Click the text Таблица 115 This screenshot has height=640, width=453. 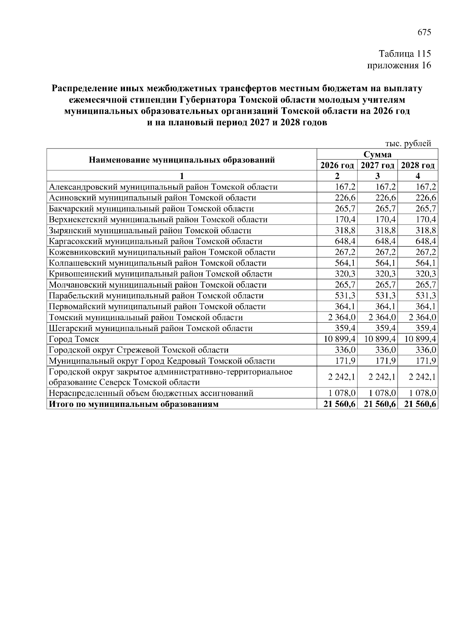click(x=404, y=54)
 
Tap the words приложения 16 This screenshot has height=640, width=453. click(x=399, y=65)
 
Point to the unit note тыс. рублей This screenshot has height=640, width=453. click(x=408, y=144)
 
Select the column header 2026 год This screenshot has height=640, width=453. click(x=337, y=165)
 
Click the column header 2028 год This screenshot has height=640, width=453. click(x=418, y=165)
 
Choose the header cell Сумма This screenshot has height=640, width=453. click(x=377, y=155)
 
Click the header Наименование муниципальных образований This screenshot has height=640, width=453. click(x=182, y=160)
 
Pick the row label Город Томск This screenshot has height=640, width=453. click(x=74, y=339)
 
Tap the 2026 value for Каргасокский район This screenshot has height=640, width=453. click(x=346, y=241)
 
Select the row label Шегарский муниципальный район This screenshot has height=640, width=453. click(x=151, y=328)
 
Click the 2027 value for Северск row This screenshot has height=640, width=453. click(x=382, y=377)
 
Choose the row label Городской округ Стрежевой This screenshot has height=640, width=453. click(x=139, y=350)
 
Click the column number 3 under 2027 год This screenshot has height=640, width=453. click(x=377, y=176)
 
